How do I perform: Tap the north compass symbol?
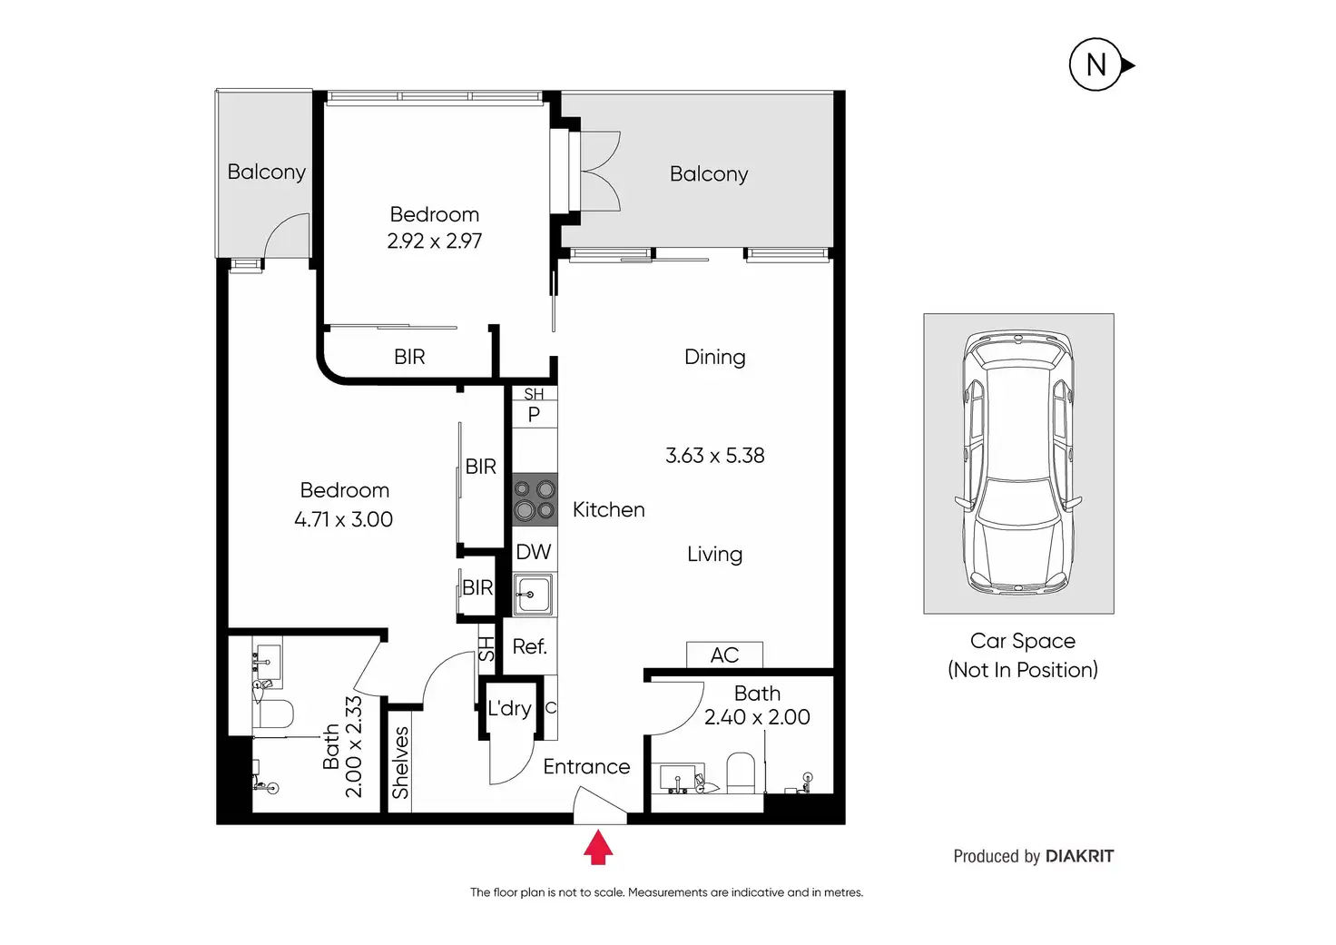click(x=1096, y=64)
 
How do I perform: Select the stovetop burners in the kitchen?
click(x=534, y=499)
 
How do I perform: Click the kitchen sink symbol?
click(x=533, y=595)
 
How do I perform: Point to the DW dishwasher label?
click(x=534, y=552)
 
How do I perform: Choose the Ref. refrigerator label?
click(x=529, y=646)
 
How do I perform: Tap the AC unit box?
click(x=724, y=655)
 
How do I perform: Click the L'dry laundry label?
click(x=509, y=708)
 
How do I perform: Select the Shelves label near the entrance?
click(x=400, y=763)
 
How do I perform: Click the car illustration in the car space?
click(x=1018, y=463)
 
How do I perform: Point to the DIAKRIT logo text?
click(x=1079, y=856)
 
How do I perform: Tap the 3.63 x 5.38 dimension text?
click(x=715, y=456)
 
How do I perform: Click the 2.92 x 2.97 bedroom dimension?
click(x=434, y=241)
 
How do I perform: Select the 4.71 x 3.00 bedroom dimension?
click(x=344, y=519)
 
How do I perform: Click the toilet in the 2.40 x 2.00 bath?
click(x=741, y=771)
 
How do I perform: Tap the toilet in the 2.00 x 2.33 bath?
click(x=274, y=714)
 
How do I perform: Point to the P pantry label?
click(x=534, y=415)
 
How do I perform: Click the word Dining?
click(x=715, y=357)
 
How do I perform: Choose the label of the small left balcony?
click(x=266, y=172)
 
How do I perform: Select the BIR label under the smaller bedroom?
click(x=409, y=357)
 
